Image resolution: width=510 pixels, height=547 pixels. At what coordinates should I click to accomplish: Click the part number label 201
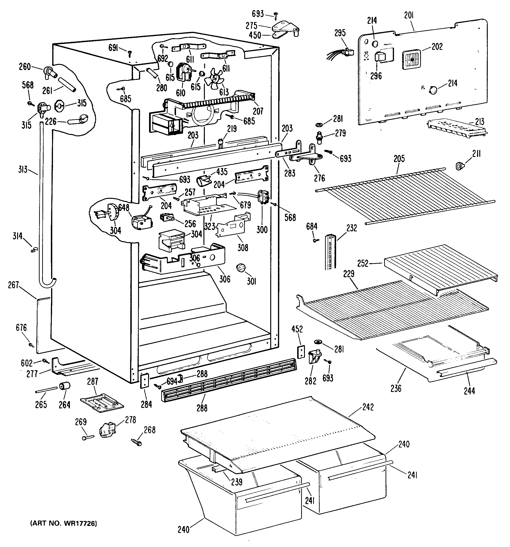pos(409,15)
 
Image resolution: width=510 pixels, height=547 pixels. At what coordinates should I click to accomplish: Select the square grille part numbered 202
pos(411,59)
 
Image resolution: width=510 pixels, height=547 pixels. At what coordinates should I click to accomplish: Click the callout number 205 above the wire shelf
pos(399,159)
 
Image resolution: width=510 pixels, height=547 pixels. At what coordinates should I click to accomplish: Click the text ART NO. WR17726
pos(64,523)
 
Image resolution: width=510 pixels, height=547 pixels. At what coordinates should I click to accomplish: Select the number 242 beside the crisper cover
pos(368,407)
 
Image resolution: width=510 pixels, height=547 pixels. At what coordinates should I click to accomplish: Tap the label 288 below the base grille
pos(202,407)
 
